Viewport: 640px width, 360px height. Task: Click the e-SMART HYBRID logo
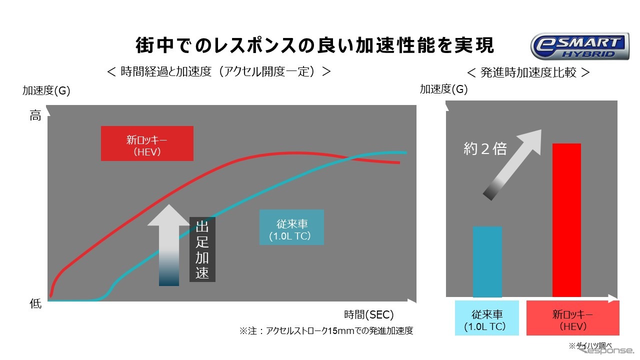pos(579,46)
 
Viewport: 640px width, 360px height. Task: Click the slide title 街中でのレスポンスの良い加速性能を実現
pos(315,45)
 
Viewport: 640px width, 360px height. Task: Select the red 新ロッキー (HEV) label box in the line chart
pos(147,143)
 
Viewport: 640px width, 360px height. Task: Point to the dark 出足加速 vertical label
pos(202,249)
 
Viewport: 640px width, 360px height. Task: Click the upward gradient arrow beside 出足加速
pos(168,245)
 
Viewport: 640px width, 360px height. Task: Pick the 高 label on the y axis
pos(35,116)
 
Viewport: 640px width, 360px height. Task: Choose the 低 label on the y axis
pos(35,303)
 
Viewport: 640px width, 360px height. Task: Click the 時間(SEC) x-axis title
pos(369,314)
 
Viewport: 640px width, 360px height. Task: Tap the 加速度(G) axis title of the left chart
pos(46,90)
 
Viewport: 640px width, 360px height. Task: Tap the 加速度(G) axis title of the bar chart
pos(444,89)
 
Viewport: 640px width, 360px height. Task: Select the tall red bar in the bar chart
pos(566,220)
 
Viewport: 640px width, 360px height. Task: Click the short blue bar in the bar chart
pos(487,261)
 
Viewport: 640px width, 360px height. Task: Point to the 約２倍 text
pos(485,148)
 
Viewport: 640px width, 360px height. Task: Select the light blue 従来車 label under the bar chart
pos(487,318)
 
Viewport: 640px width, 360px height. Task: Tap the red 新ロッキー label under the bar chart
pos(572,318)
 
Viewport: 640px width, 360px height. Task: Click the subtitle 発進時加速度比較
pos(528,72)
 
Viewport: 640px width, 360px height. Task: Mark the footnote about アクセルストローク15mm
pos(326,331)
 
